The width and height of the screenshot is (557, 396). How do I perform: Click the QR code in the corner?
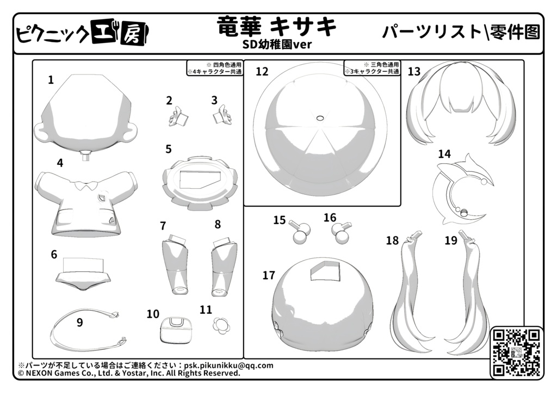517,352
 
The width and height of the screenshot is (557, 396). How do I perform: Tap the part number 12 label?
262,71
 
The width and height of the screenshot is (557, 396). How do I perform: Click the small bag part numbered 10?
176,330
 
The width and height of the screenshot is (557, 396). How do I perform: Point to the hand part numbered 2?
178,116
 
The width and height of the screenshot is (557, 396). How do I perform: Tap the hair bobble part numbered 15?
300,232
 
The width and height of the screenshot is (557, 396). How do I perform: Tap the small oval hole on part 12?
320,117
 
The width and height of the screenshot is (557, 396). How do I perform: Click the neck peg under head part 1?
85,156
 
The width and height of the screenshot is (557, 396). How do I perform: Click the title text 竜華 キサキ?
276,27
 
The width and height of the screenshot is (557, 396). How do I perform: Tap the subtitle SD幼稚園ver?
277,45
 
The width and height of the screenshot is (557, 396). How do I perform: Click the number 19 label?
451,240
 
